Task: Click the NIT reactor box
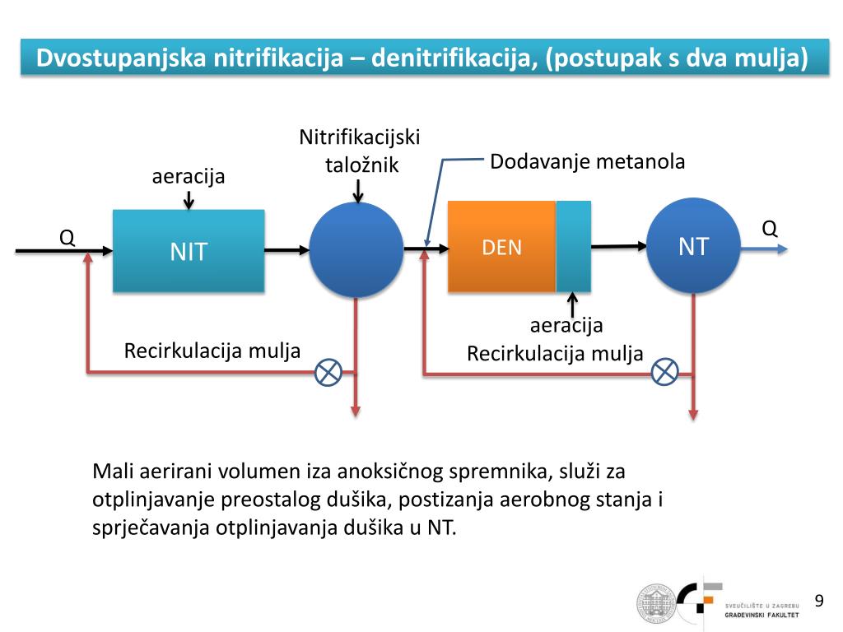coord(188,250)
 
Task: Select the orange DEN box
coord(501,247)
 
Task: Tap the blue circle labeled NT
coord(693,246)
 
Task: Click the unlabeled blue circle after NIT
coord(356,249)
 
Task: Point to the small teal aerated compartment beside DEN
coord(574,246)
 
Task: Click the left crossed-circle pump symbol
coord(329,373)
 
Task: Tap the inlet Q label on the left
coord(67,238)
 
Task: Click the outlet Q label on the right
coord(770,229)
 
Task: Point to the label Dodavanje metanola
coord(588,161)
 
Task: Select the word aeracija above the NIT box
coord(189,176)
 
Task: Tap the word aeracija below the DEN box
coord(566,325)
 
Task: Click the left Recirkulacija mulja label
coord(212,351)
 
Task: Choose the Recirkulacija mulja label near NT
coord(555,354)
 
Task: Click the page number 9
coord(819,600)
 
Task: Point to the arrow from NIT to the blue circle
coord(286,248)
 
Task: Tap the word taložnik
coord(362,165)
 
